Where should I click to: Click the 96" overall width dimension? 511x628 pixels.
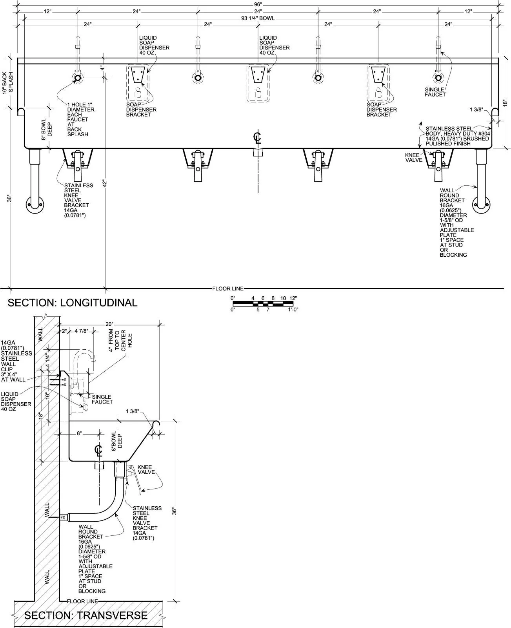coord(258,4)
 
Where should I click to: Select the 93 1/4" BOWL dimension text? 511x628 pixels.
coord(258,18)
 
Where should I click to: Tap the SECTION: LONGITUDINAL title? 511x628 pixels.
coord(73,303)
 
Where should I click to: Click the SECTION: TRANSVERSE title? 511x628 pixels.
coord(86,615)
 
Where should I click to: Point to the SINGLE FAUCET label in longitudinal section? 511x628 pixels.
coord(435,92)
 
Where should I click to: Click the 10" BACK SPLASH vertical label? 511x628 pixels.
coord(8,83)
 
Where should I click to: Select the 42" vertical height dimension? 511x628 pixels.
coord(105,183)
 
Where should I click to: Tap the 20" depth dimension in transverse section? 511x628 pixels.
coord(109,324)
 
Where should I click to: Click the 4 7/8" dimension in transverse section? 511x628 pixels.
coord(81,331)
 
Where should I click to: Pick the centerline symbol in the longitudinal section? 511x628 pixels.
coord(257,138)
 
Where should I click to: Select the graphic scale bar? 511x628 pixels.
coord(263,303)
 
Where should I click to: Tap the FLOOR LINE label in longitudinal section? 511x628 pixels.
coord(228,288)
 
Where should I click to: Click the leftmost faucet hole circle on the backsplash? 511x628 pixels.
coord(78,78)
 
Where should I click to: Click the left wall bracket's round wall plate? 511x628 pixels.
coord(35,204)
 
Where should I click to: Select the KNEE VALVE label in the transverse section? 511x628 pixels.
coord(146,470)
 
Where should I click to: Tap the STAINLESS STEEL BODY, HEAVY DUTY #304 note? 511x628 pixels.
coord(458,136)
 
